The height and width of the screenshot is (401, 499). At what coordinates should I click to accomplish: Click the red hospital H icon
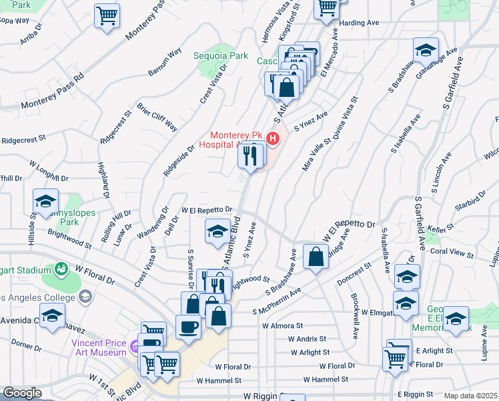[272, 138]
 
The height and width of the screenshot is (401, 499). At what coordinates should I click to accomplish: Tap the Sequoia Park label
[217, 55]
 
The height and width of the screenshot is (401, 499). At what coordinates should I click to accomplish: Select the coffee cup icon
[187, 327]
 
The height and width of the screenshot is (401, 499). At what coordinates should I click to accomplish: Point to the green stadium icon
[61, 269]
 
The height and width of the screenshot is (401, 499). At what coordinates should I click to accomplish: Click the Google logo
[22, 393]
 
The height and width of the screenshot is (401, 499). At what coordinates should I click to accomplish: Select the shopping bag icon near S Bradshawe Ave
[315, 257]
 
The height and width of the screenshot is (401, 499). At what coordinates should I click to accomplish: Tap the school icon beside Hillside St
[45, 200]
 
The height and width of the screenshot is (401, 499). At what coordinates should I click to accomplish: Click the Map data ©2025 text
[470, 396]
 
